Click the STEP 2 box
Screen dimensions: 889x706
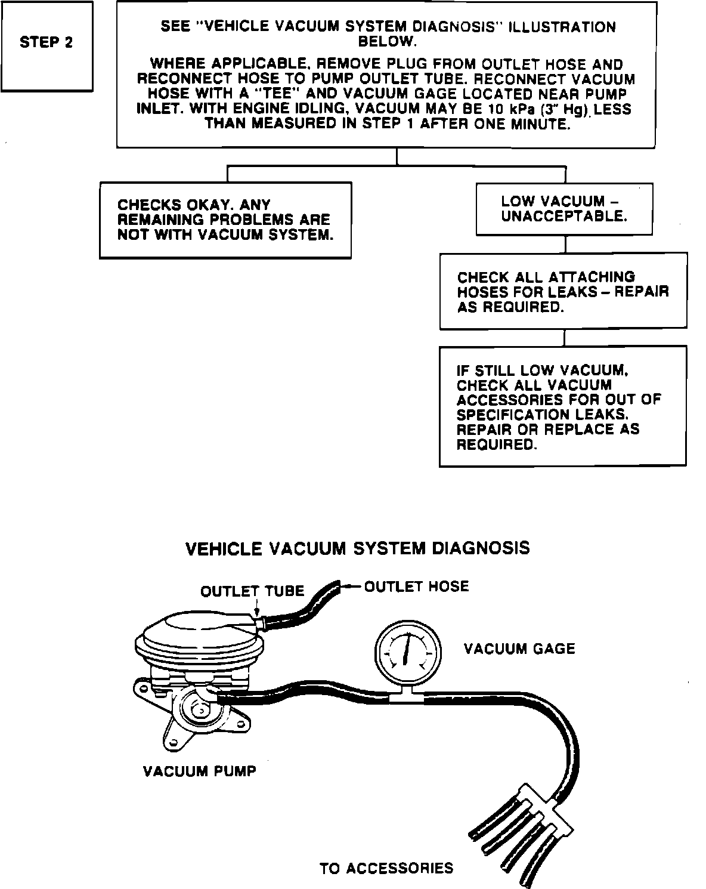47,45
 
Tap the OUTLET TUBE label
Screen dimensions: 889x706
252,591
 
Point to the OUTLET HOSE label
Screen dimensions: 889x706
416,587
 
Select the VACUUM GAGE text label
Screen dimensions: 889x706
519,649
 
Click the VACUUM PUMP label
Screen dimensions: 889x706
200,771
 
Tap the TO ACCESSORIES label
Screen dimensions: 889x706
386,868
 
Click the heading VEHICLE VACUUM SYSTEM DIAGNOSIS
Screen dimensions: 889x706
358,548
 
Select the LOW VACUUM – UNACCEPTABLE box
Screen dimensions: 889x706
565,209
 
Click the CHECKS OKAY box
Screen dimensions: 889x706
225,220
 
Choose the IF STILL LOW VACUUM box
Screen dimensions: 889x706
563,407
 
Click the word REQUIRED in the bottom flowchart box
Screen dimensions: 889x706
494,445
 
